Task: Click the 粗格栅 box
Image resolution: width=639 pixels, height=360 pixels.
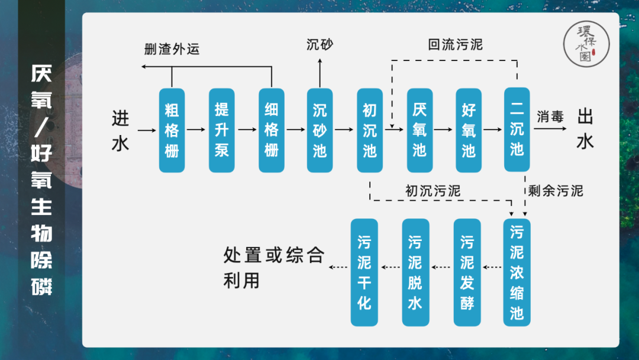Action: (x=172, y=130)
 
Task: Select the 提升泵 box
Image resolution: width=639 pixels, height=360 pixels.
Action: (x=222, y=130)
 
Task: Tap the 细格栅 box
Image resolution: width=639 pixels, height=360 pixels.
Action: (x=272, y=130)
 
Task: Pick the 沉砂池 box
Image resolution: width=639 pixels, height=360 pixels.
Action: (x=320, y=130)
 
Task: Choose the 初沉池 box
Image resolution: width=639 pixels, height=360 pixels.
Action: (x=370, y=130)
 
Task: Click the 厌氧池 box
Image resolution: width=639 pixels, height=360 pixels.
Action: (x=419, y=130)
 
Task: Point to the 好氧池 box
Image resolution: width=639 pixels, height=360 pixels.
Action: (x=469, y=130)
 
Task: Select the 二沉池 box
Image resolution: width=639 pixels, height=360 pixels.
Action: (x=517, y=130)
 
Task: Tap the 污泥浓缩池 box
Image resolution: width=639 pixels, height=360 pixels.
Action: (x=517, y=272)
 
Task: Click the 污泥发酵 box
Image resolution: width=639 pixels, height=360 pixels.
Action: (x=467, y=272)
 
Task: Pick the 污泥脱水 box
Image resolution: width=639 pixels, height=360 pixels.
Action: (x=415, y=272)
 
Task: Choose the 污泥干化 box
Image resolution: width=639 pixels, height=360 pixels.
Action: (x=364, y=272)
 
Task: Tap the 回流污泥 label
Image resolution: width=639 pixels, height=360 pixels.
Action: (x=456, y=44)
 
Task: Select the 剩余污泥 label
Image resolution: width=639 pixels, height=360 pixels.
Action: (x=555, y=191)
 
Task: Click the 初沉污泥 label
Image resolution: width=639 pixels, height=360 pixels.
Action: (x=433, y=191)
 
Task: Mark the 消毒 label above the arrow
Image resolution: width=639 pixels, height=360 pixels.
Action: (x=550, y=117)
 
